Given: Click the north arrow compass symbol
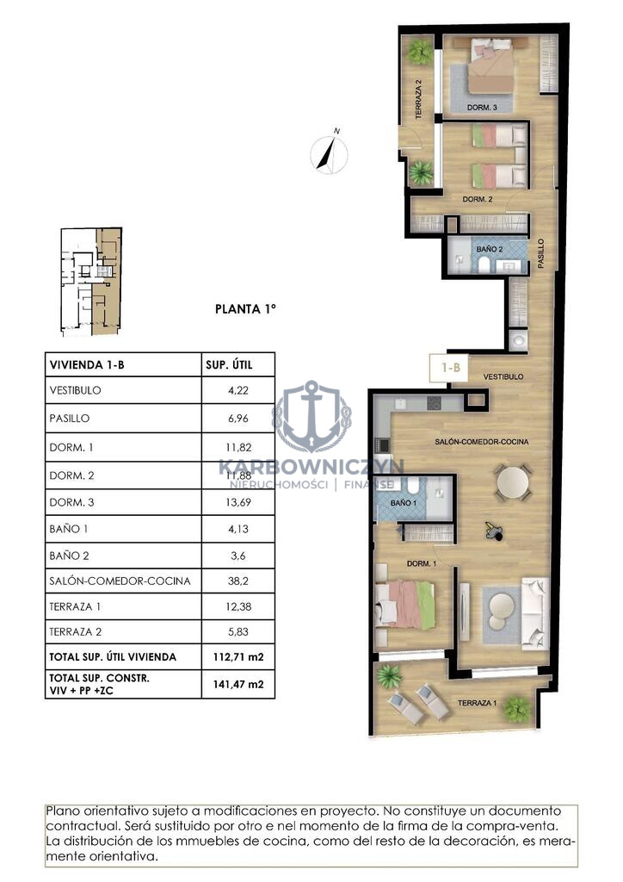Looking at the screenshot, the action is click(330, 152).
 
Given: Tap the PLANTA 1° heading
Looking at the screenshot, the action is click(245, 309).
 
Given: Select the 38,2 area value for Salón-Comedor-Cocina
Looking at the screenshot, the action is click(238, 581).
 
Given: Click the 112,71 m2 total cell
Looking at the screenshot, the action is click(238, 656).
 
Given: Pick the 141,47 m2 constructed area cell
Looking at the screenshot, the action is click(238, 685).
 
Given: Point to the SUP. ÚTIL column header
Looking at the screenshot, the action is click(229, 364).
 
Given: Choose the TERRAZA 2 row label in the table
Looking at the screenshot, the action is click(75, 631).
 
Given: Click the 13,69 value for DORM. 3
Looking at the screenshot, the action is click(238, 502).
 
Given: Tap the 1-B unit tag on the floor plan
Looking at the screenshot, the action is click(451, 368).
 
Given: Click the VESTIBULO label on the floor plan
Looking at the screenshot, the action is click(503, 376).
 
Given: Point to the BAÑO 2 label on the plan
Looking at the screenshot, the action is click(490, 249).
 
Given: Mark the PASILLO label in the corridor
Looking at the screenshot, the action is click(541, 253).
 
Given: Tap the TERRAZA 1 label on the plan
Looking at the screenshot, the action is click(477, 703).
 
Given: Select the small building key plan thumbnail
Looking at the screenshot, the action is click(91, 282).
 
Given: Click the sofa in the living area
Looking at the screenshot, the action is click(534, 613).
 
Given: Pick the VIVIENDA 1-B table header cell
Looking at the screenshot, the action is click(87, 364).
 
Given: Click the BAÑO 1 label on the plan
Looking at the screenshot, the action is click(404, 502).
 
